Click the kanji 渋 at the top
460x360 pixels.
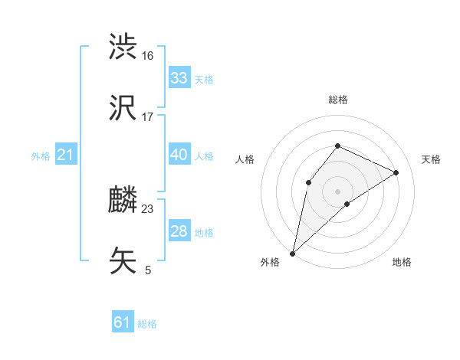[x=123, y=47]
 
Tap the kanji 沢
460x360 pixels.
[x=123, y=108]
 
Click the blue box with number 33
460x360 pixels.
[x=179, y=78]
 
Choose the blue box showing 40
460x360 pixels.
[x=179, y=155]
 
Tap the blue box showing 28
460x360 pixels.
[x=179, y=231]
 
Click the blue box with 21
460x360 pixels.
[x=66, y=155]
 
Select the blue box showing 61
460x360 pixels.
[x=123, y=322]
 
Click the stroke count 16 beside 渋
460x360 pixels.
[x=148, y=56]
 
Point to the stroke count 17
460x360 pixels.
[x=148, y=117]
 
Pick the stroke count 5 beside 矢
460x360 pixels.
[x=148, y=270]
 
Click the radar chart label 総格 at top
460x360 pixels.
[x=338, y=100]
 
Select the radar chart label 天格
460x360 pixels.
[x=432, y=159]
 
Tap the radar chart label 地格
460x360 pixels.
[x=402, y=262]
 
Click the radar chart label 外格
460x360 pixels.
[x=270, y=262]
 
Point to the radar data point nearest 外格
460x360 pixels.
[x=293, y=253]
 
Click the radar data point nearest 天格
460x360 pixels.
[x=396, y=173]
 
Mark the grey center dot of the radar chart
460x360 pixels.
[x=338, y=191]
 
